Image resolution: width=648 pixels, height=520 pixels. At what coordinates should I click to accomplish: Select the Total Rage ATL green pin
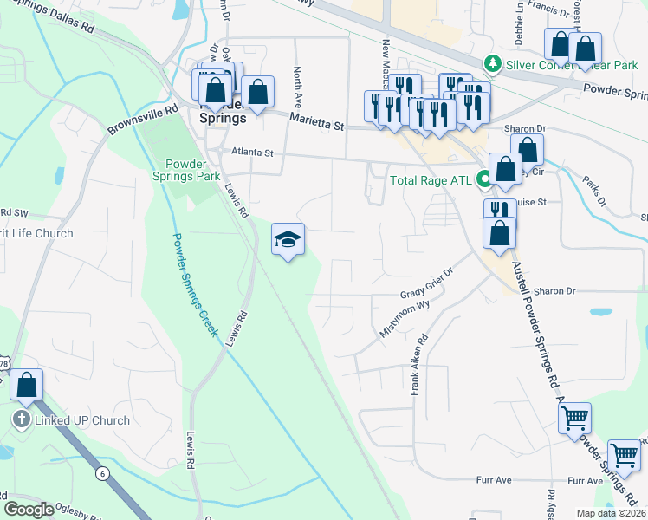485,180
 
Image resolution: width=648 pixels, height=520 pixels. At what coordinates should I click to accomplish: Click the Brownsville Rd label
142,120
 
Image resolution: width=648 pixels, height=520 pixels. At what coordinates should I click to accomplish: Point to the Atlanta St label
251,153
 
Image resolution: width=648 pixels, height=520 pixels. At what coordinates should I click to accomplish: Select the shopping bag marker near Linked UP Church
27,384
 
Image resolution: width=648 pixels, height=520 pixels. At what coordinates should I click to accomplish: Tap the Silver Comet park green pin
493,62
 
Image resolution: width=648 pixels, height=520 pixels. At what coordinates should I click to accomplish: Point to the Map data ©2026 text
611,513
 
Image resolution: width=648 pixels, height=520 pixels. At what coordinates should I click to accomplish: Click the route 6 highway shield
102,472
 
